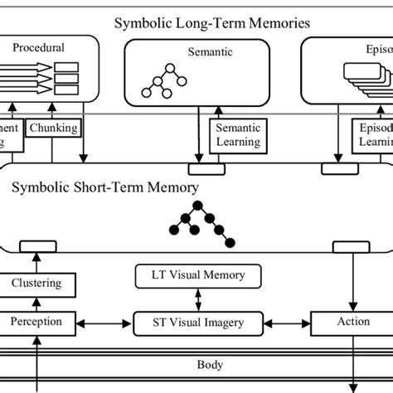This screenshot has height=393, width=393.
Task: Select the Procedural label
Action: [x=38, y=48]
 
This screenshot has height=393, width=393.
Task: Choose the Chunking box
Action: [x=53, y=129]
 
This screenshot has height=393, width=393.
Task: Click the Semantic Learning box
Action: [x=238, y=135]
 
